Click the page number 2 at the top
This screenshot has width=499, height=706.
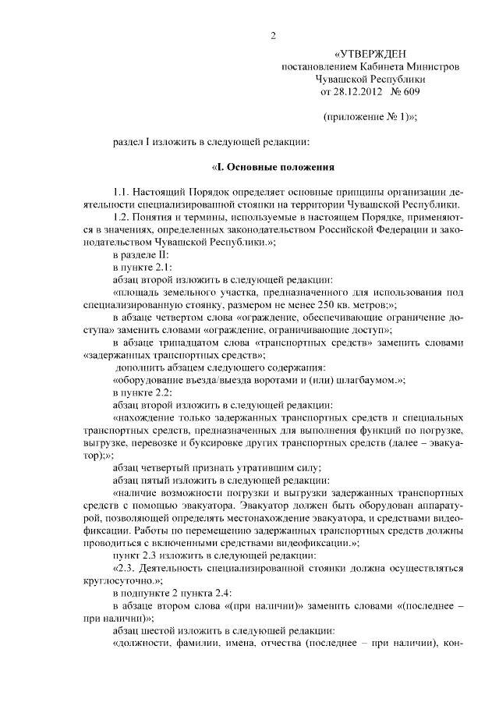[274, 35]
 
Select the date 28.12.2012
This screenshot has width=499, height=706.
[359, 92]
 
